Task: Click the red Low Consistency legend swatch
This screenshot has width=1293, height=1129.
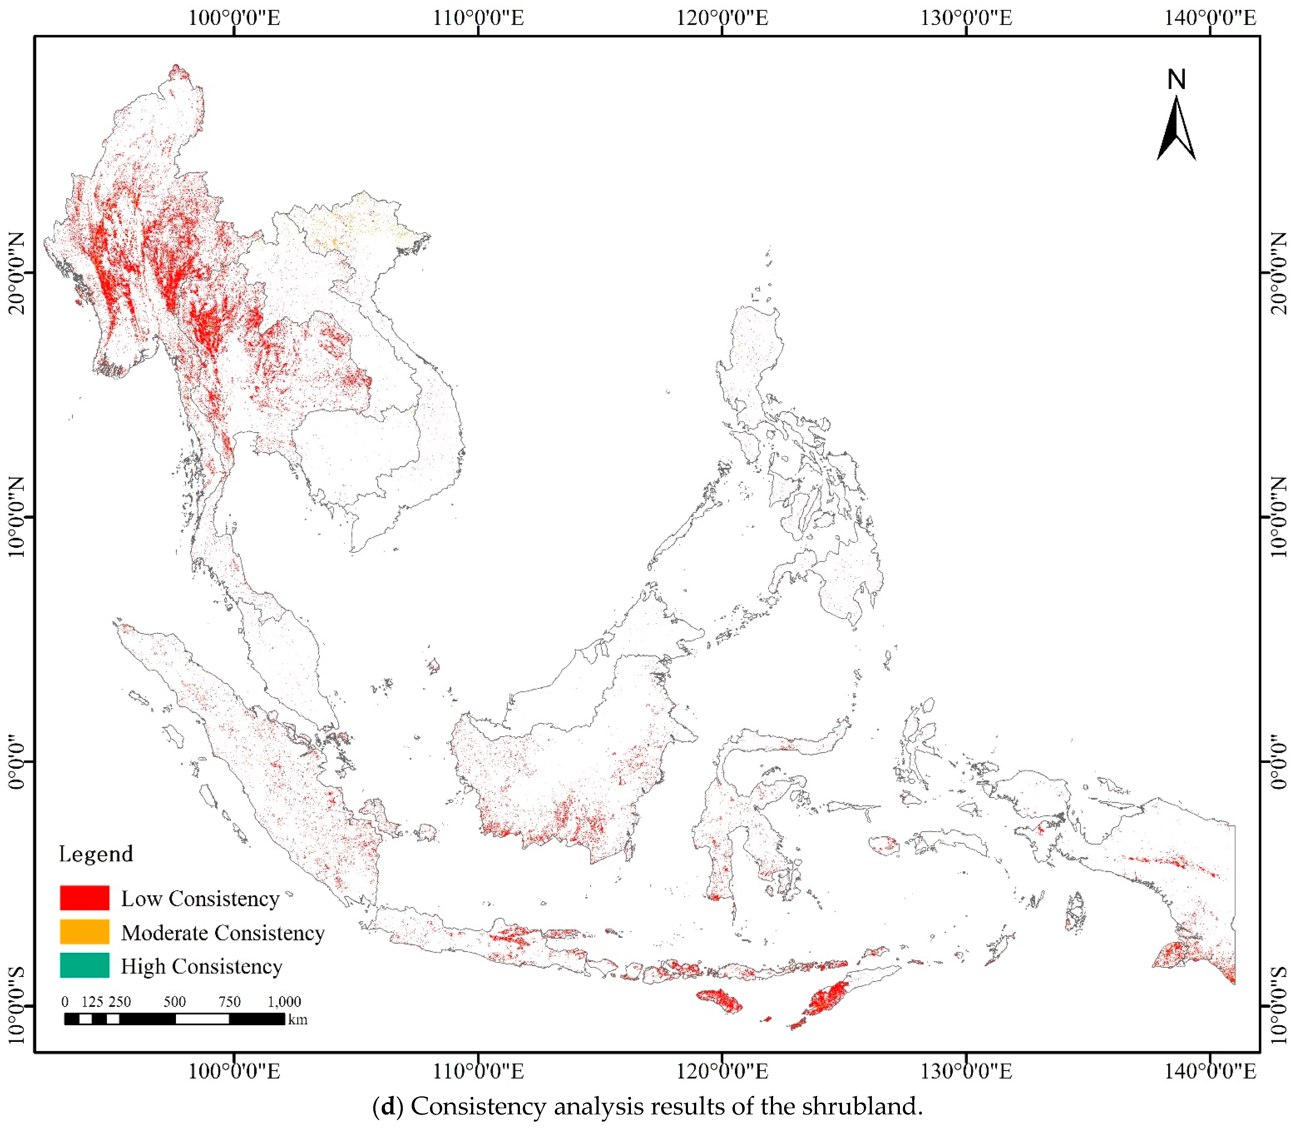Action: pyautogui.click(x=84, y=898)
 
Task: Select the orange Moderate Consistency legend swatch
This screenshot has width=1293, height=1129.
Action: pyautogui.click(x=84, y=932)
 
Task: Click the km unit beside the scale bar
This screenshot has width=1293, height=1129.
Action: pyautogui.click(x=298, y=1019)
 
